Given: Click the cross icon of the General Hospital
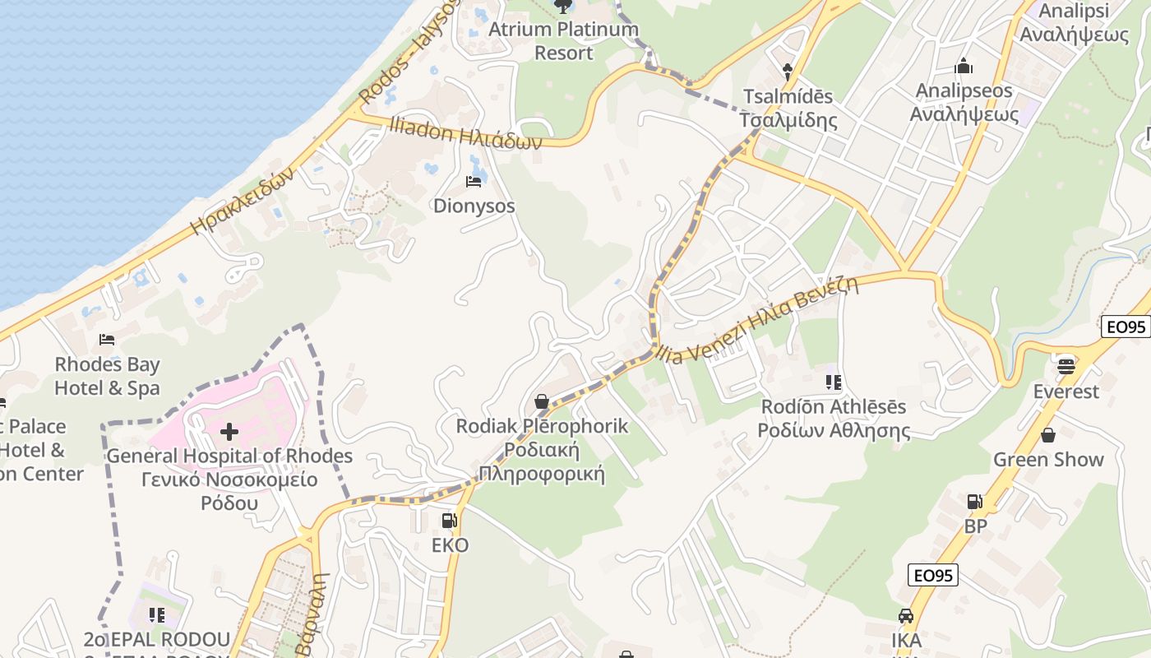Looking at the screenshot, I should pyautogui.click(x=229, y=431).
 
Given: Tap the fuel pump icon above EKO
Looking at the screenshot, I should pyautogui.click(x=449, y=521).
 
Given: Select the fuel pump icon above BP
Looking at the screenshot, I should pyautogui.click(x=974, y=501).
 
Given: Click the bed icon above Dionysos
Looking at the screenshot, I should pyautogui.click(x=474, y=181).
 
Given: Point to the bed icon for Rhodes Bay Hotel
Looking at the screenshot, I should pyautogui.click(x=107, y=339).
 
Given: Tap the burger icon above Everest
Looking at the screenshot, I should pyautogui.click(x=1066, y=365).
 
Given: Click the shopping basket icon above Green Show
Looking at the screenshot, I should pyautogui.click(x=1047, y=434).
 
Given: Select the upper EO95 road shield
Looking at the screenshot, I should pyautogui.click(x=1125, y=327).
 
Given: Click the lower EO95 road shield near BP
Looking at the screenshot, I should pyautogui.click(x=933, y=575).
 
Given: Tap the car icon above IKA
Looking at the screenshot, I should pyautogui.click(x=905, y=615).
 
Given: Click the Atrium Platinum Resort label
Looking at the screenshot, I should pyautogui.click(x=563, y=40).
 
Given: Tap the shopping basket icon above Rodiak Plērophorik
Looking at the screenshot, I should pyautogui.click(x=542, y=401).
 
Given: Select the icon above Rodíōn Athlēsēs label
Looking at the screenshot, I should pyautogui.click(x=834, y=382).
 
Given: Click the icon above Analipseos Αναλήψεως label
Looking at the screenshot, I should pyautogui.click(x=964, y=66).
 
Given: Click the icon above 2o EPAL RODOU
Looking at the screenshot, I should pyautogui.click(x=157, y=614).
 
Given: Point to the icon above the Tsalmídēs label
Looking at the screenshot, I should pyautogui.click(x=788, y=71).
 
